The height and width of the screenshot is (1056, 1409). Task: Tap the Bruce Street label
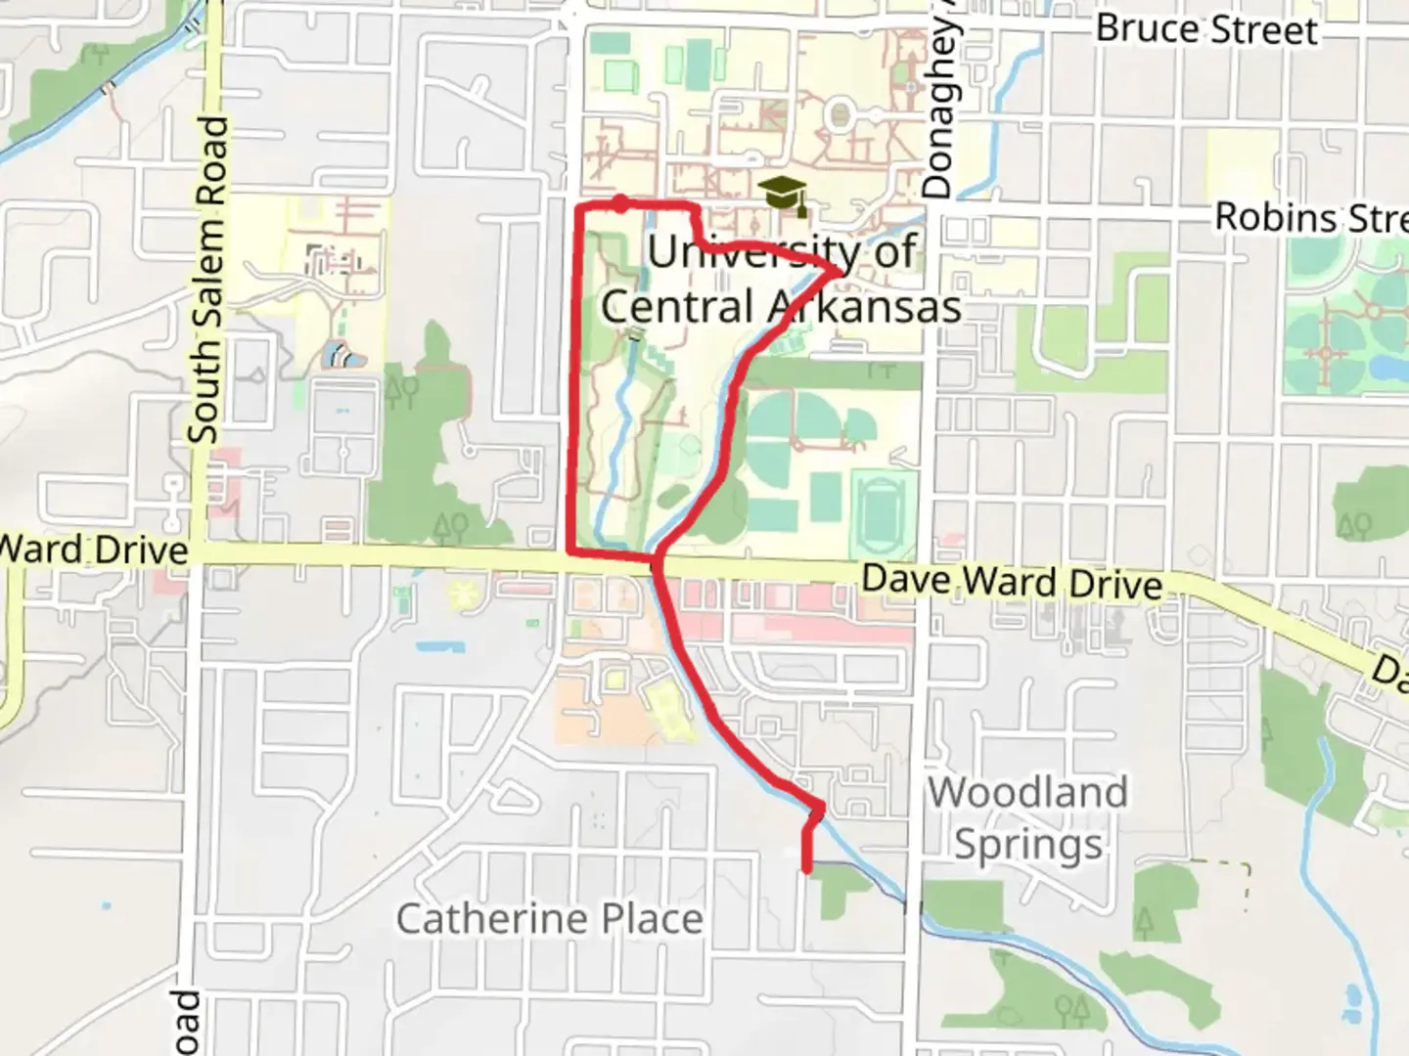point(1206,29)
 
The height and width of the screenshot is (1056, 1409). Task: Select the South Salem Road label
point(207,280)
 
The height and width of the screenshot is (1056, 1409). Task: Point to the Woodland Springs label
point(1027,817)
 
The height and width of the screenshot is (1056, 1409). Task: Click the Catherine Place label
point(549,919)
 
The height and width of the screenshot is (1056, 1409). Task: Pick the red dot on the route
point(620,203)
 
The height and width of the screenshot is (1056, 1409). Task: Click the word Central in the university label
point(676,307)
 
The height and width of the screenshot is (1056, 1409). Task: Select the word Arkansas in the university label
point(863,307)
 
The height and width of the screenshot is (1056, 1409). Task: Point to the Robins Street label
point(1310,217)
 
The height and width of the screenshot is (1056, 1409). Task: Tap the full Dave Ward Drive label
point(1012,581)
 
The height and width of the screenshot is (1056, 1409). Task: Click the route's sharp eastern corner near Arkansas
point(840,271)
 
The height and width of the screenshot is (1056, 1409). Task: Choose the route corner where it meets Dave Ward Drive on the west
point(571,553)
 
